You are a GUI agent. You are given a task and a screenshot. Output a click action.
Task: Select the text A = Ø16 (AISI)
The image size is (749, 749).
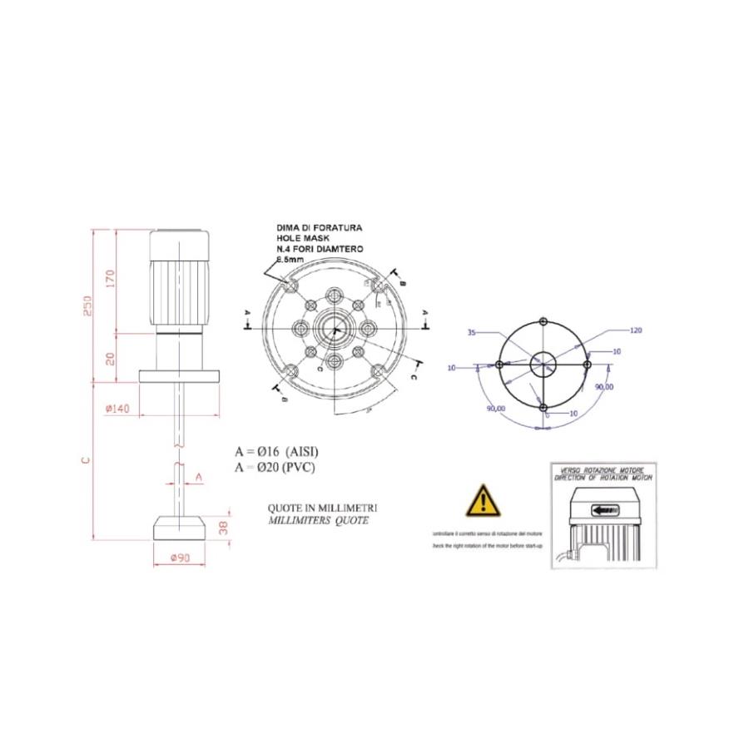point(276,451)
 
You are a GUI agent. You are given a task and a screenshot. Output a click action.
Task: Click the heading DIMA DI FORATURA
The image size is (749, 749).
point(319,227)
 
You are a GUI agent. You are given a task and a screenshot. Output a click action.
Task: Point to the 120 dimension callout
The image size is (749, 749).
point(636,330)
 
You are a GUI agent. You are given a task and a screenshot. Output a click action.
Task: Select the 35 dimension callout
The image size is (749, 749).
point(472,333)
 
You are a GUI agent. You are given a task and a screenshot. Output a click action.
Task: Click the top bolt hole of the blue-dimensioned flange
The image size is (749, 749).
point(543,321)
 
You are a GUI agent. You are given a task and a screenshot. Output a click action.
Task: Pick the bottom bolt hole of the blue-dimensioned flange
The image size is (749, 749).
point(543,408)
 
